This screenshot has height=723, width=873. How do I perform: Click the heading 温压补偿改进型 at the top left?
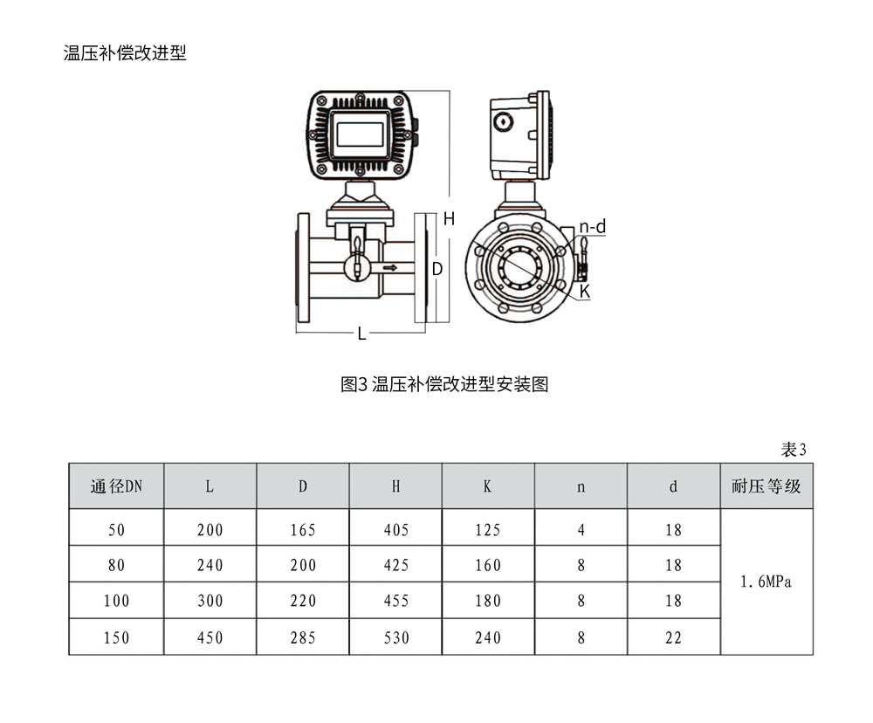[125, 53]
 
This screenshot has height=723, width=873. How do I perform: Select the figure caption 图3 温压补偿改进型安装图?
[444, 384]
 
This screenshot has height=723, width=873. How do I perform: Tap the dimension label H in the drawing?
[449, 219]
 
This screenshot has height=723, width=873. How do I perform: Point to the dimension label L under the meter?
[361, 334]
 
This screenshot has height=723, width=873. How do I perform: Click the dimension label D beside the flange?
[437, 269]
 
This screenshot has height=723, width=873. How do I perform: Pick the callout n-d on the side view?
[593, 227]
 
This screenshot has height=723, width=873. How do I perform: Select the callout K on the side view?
[585, 292]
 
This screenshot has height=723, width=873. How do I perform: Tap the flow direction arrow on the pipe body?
[389, 267]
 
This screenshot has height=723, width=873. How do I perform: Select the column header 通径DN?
[116, 487]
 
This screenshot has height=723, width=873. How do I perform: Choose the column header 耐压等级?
[766, 487]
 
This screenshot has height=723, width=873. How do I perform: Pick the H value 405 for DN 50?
[395, 530]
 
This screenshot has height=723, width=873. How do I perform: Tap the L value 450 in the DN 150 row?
[210, 638]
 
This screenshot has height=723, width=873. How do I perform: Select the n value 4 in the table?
[581, 530]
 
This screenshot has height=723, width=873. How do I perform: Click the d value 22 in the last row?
[673, 638]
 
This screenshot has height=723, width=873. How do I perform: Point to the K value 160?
[487, 566]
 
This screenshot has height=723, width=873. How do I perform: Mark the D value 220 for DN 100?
[303, 602]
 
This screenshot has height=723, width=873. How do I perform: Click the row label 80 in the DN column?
[116, 566]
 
